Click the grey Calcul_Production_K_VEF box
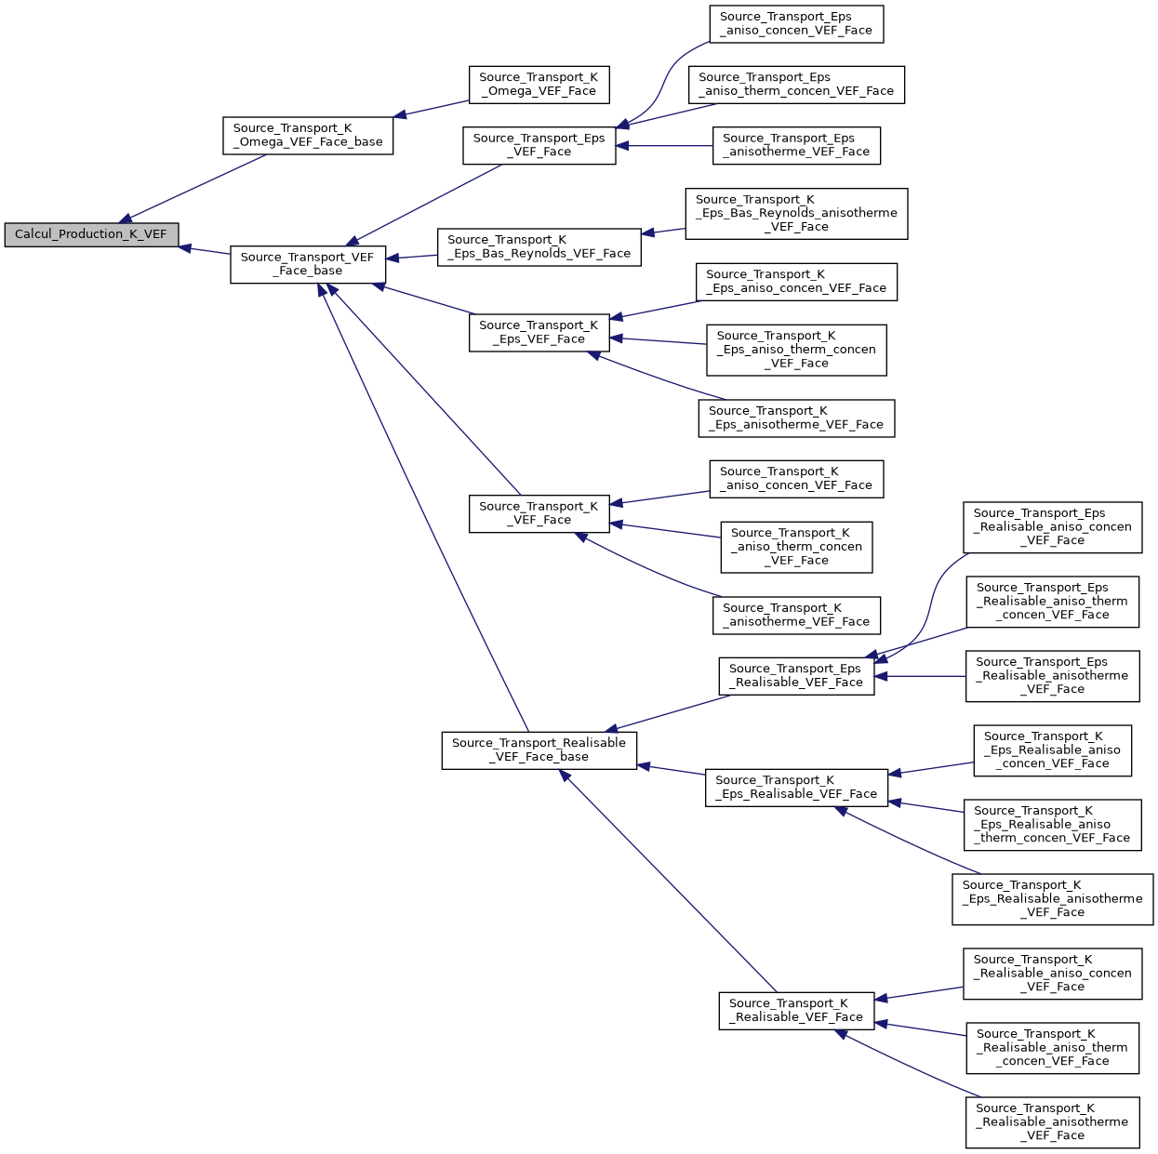tap(91, 234)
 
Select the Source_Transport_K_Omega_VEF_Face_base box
tap(308, 136)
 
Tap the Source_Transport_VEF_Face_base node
tap(308, 264)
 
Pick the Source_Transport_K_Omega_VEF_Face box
tap(539, 85)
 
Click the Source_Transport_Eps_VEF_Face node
tap(539, 145)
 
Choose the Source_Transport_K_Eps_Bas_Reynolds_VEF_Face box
tap(539, 246)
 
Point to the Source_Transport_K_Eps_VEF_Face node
tap(539, 332)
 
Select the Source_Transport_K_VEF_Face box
tap(539, 513)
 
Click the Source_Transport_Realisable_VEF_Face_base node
tap(539, 749)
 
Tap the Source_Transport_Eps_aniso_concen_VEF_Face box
tap(796, 23)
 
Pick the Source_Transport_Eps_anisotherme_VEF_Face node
tap(796, 145)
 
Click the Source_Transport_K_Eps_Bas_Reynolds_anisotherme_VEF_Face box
tap(796, 213)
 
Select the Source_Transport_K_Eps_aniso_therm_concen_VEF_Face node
tap(796, 350)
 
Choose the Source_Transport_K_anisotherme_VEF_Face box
tap(796, 615)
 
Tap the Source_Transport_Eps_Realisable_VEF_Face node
tap(796, 675)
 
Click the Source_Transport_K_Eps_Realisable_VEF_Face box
tap(796, 787)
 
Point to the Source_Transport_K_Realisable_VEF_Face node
tap(796, 1010)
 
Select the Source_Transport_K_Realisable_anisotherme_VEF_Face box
tap(1052, 1121)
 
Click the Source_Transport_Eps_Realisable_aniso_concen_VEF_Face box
tap(1052, 526)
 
